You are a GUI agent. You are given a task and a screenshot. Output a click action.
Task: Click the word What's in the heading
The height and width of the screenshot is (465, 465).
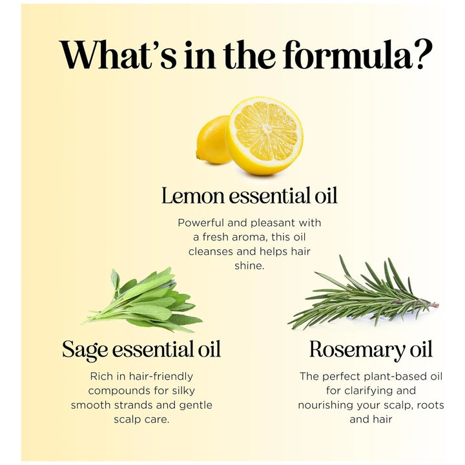click(118, 54)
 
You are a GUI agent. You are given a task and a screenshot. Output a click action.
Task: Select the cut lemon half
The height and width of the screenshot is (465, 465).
click(265, 136)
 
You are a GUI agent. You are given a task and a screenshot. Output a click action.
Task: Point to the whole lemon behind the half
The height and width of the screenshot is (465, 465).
click(212, 139)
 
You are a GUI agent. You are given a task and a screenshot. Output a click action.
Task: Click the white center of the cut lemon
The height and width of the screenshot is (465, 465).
click(266, 129)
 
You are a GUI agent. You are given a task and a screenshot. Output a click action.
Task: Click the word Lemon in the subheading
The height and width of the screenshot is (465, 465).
click(192, 196)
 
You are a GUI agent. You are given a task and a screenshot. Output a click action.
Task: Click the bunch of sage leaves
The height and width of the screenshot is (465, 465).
click(143, 300)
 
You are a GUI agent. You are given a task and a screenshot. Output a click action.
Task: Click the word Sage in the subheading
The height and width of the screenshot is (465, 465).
click(85, 349)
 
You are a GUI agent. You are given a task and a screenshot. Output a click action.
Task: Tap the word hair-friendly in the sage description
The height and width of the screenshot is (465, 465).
click(161, 377)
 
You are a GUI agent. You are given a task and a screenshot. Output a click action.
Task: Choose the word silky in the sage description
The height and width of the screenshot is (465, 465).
click(183, 391)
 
